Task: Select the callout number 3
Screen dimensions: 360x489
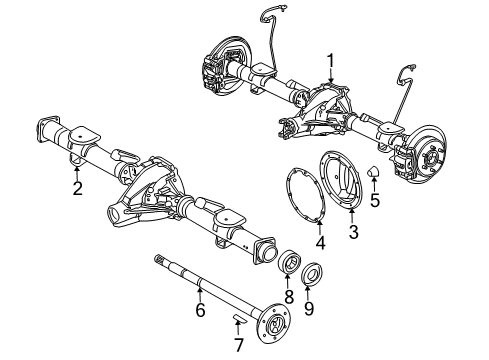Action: (x=351, y=232)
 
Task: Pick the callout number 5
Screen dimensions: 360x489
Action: (x=376, y=199)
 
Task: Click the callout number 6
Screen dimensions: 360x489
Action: (x=199, y=312)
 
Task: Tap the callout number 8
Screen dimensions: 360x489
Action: (x=290, y=297)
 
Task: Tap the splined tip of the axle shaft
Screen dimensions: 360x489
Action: (x=160, y=261)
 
